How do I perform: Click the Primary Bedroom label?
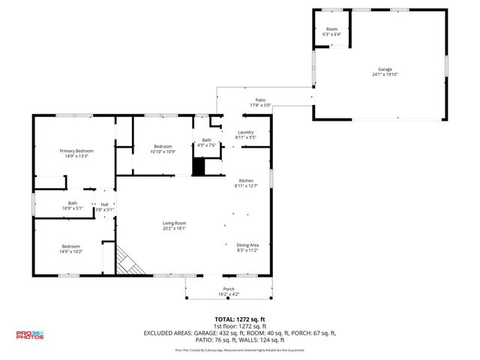pyautogui.click(x=76, y=151)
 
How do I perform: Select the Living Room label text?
pyautogui.click(x=175, y=223)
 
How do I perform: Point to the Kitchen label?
pyautogui.click(x=246, y=181)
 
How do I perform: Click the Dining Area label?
pyautogui.click(x=247, y=244)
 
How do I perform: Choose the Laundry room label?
pyautogui.click(x=246, y=133)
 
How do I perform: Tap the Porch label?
pyautogui.click(x=229, y=289)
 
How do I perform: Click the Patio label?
pyautogui.click(x=260, y=100)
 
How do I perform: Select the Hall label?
pyautogui.click(x=104, y=204)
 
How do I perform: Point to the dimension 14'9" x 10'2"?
pyautogui.click(x=71, y=252)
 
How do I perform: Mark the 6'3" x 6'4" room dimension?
pyautogui.click(x=331, y=34)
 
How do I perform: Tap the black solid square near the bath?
pyautogui.click(x=199, y=166)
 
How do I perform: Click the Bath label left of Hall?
pyautogui.click(x=73, y=203)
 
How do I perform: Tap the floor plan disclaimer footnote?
pyautogui.click(x=239, y=349)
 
